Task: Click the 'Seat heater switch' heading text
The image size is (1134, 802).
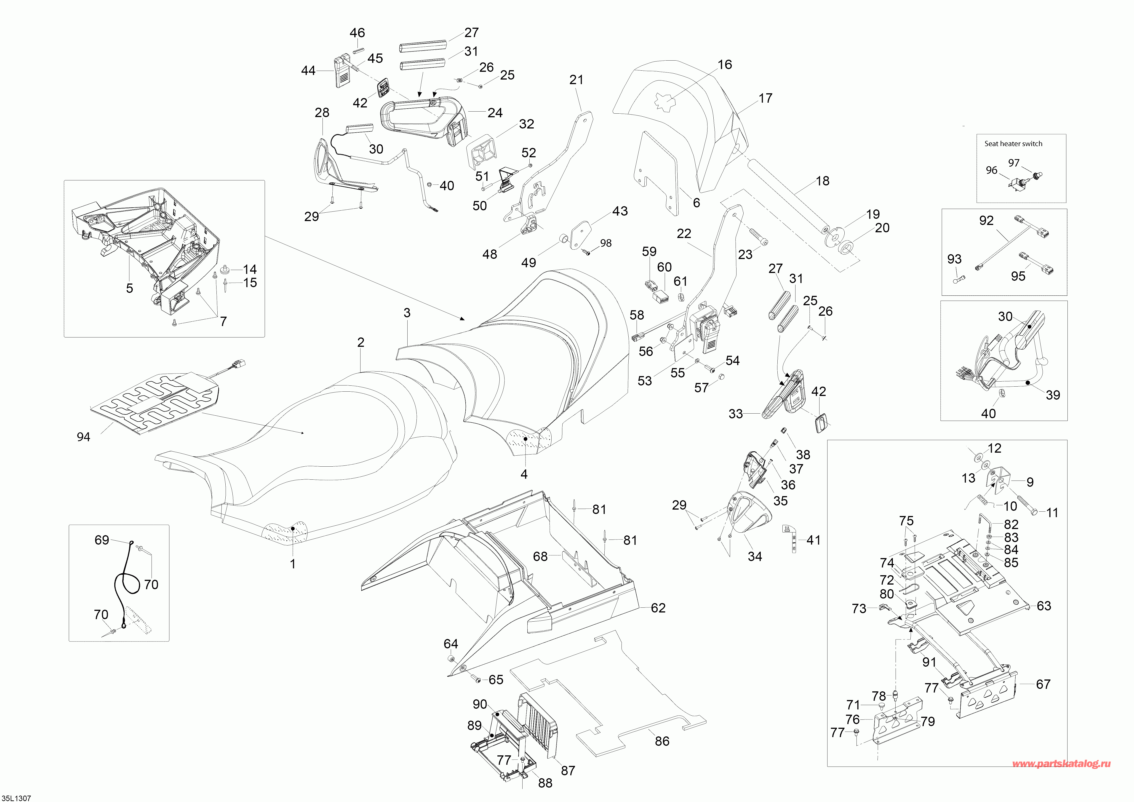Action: pos(1013,144)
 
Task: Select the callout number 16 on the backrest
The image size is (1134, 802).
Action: pos(725,65)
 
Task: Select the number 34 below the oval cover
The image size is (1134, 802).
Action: pos(755,556)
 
